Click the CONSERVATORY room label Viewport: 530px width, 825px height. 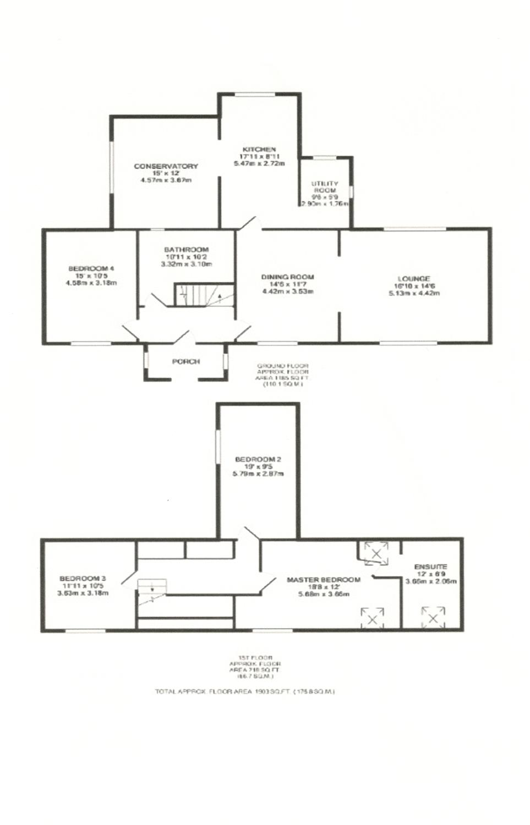(x=166, y=166)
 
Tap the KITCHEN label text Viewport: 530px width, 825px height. (x=259, y=150)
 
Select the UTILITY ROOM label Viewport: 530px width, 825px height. (x=325, y=187)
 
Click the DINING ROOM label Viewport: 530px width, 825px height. (x=287, y=277)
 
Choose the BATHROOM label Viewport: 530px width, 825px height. (x=186, y=250)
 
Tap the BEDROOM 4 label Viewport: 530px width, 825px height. (x=91, y=268)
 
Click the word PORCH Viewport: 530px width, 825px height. (x=186, y=362)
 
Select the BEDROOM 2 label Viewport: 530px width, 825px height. (x=258, y=459)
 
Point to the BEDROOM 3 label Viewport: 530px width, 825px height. (x=83, y=579)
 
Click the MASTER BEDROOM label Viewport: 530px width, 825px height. (x=324, y=580)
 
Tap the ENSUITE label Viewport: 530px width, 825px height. (x=431, y=566)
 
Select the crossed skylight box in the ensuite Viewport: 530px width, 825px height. (x=433, y=617)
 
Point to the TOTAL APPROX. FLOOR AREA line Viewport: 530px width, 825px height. (x=244, y=691)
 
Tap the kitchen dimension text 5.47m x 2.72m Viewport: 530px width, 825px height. (x=259, y=163)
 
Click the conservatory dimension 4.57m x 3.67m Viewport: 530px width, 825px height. (x=166, y=180)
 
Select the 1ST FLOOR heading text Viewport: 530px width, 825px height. (x=255, y=657)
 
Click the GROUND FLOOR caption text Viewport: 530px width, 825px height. (x=282, y=366)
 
